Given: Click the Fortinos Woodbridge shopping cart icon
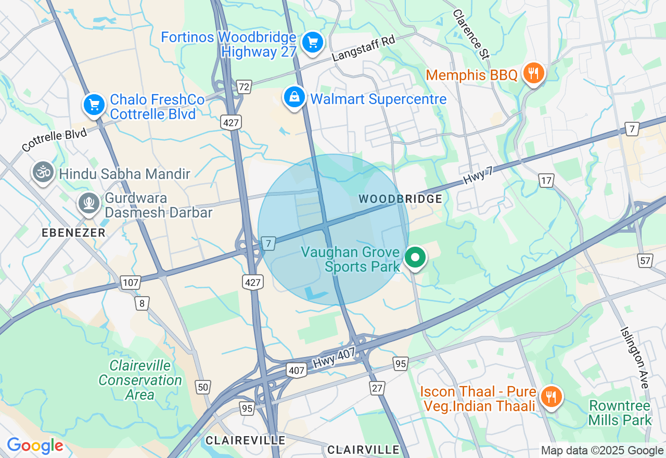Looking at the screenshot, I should pyautogui.click(x=312, y=43).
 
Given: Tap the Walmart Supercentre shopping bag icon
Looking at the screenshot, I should pyautogui.click(x=294, y=97).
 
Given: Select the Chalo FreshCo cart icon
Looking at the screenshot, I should pyautogui.click(x=94, y=105).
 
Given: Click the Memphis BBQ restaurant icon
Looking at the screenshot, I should pyautogui.click(x=533, y=73).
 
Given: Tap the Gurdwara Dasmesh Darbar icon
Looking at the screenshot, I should pyautogui.click(x=89, y=203).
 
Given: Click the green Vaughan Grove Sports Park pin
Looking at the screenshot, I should pyautogui.click(x=415, y=257).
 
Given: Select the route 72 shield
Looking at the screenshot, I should pyautogui.click(x=244, y=86).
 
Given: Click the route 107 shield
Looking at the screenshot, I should pyautogui.click(x=130, y=283).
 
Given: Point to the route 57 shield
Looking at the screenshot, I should pyautogui.click(x=645, y=260).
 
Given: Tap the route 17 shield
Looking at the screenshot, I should pyautogui.click(x=546, y=181).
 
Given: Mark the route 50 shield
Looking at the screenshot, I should pyautogui.click(x=202, y=386).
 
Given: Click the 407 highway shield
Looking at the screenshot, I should pyautogui.click(x=296, y=371).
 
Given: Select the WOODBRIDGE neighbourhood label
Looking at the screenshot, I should pyautogui.click(x=401, y=199).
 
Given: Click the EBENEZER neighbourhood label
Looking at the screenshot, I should pyautogui.click(x=73, y=233).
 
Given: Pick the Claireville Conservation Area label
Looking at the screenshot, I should pyautogui.click(x=140, y=380).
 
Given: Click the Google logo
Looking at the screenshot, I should pyautogui.click(x=35, y=446).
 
